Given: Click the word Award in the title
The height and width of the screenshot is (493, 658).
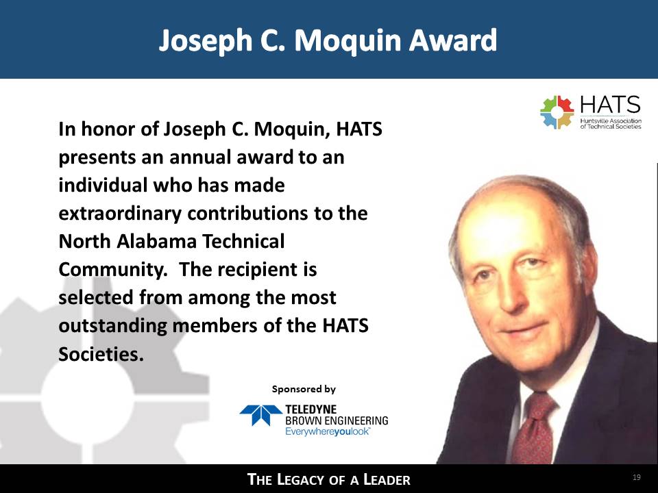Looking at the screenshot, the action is (x=453, y=40).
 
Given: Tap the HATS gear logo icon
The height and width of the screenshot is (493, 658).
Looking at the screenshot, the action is (x=557, y=112).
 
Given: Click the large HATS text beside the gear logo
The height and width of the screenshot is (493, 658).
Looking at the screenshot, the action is (x=610, y=104).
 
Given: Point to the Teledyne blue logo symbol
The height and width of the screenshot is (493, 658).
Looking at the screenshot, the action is (x=260, y=415).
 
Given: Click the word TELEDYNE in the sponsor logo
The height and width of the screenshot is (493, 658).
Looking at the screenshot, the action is (x=310, y=409).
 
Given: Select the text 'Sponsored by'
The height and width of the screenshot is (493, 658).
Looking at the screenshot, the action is (x=304, y=390).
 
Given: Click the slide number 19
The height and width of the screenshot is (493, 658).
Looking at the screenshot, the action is (x=637, y=477).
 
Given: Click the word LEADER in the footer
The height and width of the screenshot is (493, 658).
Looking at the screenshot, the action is (x=387, y=479).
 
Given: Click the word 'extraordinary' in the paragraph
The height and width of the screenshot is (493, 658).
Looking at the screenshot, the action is (x=120, y=214).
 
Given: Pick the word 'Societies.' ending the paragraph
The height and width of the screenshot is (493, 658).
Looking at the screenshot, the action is (x=101, y=354).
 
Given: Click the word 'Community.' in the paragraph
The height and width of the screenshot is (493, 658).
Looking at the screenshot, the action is (x=113, y=270).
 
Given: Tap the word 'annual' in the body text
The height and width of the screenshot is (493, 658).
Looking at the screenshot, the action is (x=199, y=157).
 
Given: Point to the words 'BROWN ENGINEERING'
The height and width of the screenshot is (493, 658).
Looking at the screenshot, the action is (x=337, y=420).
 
